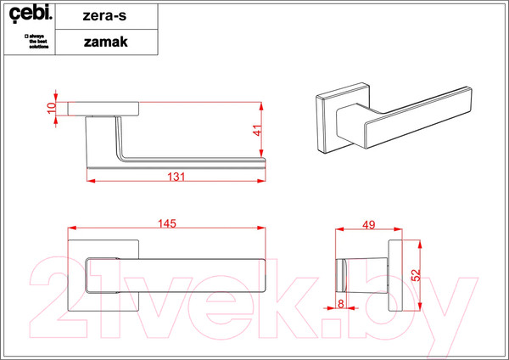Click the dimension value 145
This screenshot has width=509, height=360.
[x=166, y=223]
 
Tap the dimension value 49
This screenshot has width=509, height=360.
[x=369, y=224]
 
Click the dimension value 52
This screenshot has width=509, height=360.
[x=415, y=275]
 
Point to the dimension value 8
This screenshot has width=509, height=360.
[x=340, y=302]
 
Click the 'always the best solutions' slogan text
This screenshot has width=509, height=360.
[x=35, y=41]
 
